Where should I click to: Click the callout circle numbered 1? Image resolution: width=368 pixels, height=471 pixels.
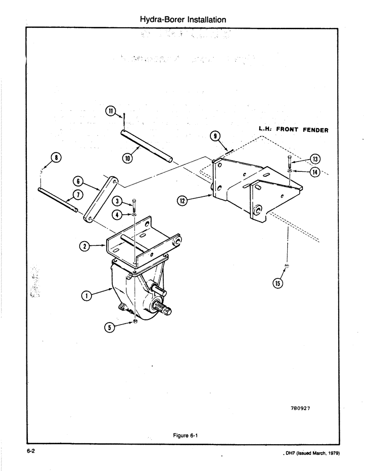click(86, 295)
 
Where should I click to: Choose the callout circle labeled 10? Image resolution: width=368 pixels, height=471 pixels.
click(127, 158)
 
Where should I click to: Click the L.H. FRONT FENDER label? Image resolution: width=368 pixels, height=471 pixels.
click(293, 130)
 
